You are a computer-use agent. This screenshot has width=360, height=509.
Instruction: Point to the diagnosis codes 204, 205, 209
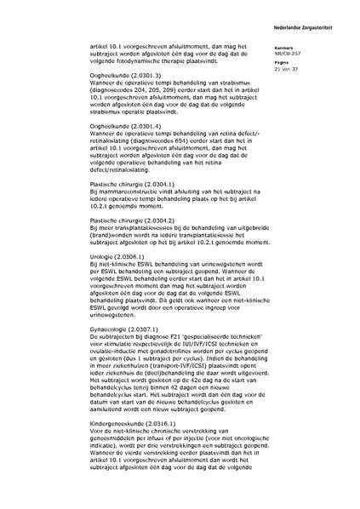tap(161, 114)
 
